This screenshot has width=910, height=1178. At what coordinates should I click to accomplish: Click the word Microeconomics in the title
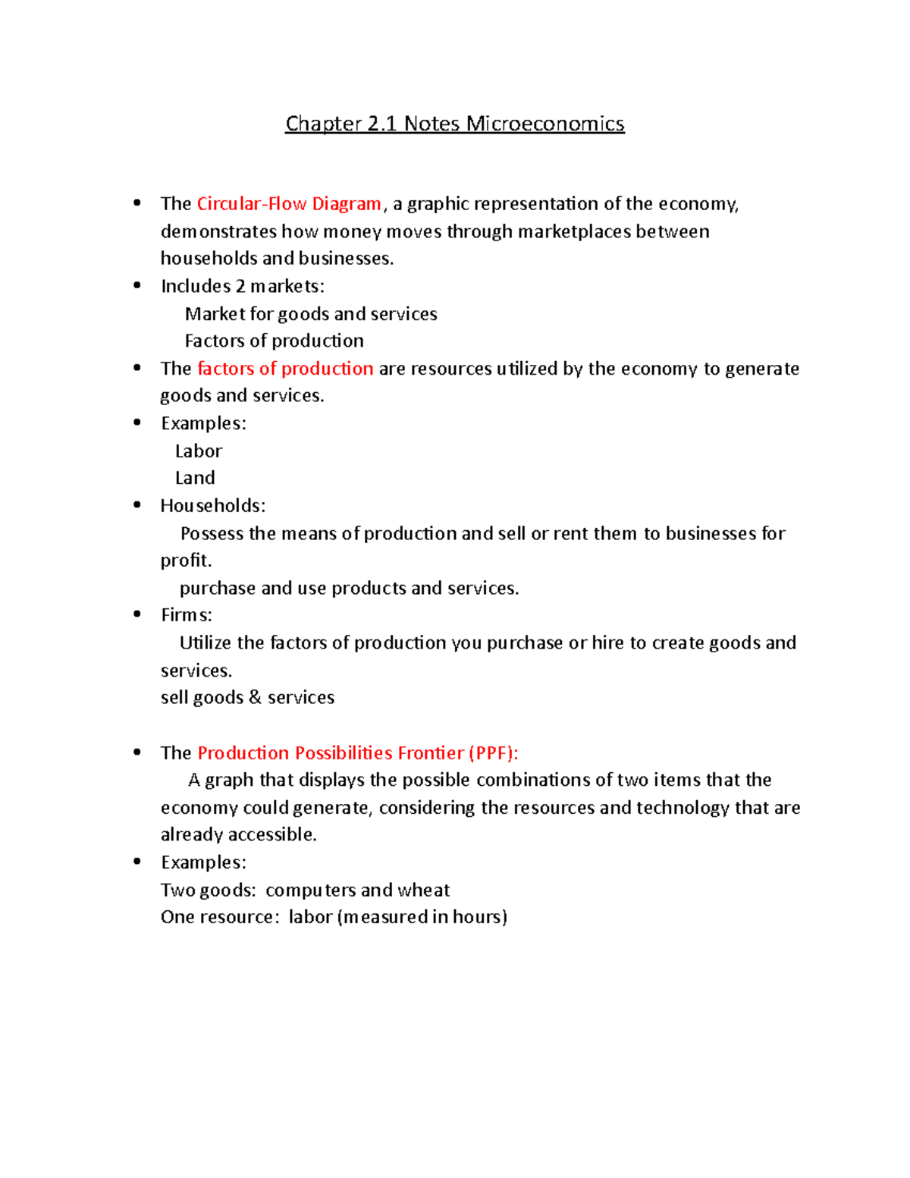(x=545, y=124)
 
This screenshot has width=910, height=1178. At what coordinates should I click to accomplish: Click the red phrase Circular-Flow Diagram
(x=289, y=204)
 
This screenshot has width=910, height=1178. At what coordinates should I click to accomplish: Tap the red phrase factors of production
(x=285, y=369)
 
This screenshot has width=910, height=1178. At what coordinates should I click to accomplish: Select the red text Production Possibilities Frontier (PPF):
(x=358, y=753)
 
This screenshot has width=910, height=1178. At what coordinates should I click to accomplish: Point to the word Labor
(x=199, y=451)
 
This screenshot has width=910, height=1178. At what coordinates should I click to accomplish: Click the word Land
(x=195, y=478)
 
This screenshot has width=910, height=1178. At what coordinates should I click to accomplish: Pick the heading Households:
(x=213, y=506)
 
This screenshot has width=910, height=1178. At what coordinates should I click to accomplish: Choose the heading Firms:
(x=187, y=615)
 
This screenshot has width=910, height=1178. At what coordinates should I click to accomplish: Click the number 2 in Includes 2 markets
(x=240, y=287)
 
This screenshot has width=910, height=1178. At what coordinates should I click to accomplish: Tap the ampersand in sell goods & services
(x=255, y=697)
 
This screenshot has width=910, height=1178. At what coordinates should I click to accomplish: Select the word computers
(x=310, y=890)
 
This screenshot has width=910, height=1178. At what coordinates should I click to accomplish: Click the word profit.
(x=186, y=561)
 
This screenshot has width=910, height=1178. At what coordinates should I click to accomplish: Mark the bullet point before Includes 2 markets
(x=137, y=285)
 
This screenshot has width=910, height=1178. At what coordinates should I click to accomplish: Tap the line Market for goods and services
(x=311, y=314)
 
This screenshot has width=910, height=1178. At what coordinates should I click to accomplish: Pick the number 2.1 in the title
(x=382, y=124)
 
